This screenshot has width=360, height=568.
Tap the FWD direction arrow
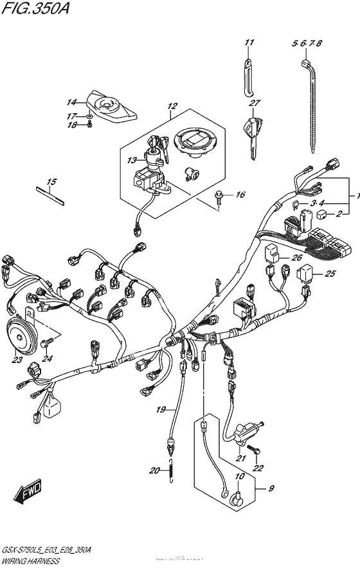pos(28,494)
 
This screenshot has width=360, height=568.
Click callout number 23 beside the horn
pos(17,360)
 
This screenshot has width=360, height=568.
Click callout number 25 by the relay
pos(330,274)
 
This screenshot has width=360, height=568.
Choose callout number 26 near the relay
pos(296,258)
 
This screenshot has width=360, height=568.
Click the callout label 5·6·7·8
pos(307,44)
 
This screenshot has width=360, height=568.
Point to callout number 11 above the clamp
pos(249,44)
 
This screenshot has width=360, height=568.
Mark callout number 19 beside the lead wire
pos(161,409)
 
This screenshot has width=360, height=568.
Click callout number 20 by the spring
pos(154,471)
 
